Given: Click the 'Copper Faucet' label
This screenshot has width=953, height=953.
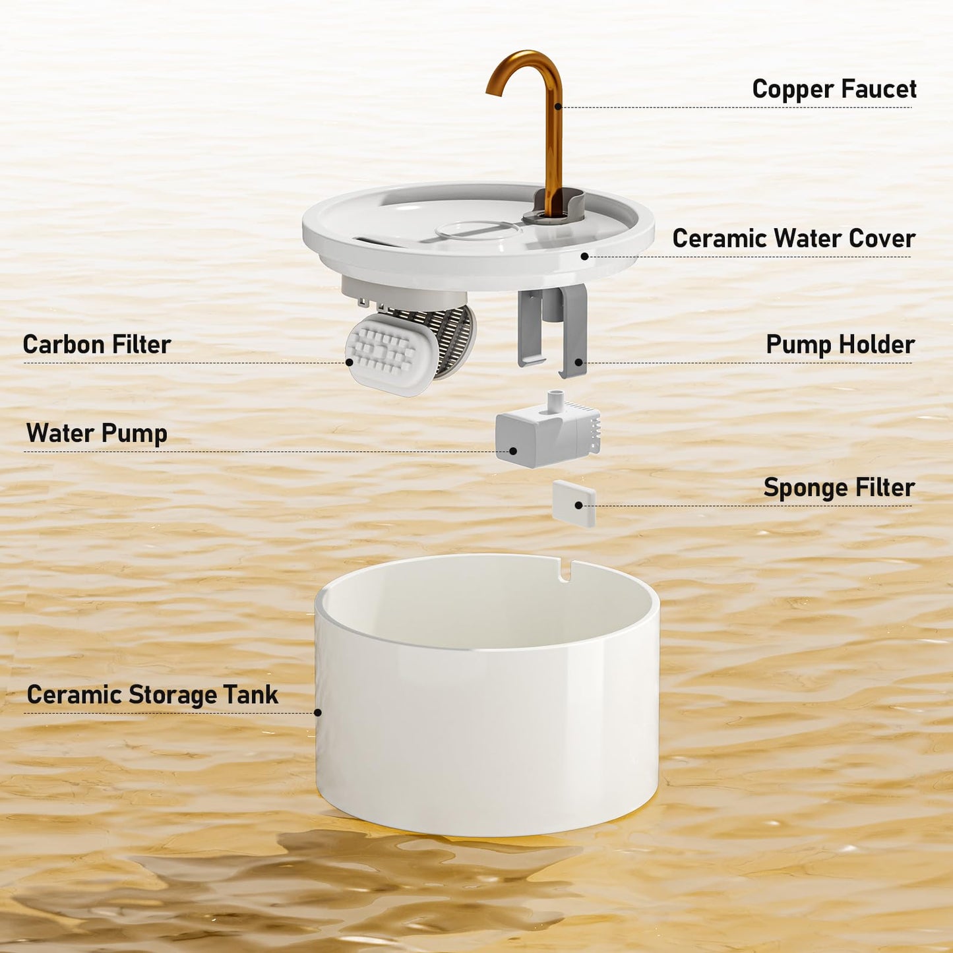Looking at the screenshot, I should [834, 89].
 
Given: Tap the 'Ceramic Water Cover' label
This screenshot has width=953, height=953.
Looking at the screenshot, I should [793, 238].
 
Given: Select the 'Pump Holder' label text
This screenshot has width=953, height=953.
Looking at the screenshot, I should [840, 344].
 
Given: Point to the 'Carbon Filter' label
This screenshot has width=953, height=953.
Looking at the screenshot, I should [97, 344].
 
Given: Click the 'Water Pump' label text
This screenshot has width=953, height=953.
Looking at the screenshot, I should [97, 433].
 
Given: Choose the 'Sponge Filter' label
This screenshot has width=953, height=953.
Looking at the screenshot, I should [839, 487].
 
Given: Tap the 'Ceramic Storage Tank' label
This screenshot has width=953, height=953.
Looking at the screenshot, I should [152, 694].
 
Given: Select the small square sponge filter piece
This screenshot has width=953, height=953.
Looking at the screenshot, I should [574, 503].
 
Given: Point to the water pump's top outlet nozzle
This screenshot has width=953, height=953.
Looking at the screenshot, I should [556, 398].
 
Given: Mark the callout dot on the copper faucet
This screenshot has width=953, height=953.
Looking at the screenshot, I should [558, 106].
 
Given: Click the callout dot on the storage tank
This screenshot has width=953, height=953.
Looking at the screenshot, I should [318, 712].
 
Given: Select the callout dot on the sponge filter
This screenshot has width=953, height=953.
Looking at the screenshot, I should [578, 505].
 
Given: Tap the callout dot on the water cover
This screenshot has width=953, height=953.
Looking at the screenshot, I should [584, 256].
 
